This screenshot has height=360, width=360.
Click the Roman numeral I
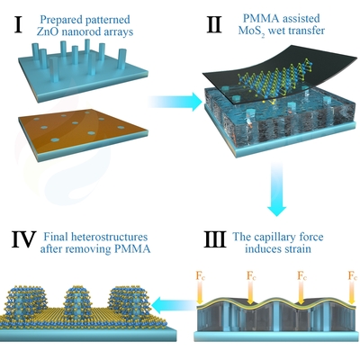click(x=19, y=24)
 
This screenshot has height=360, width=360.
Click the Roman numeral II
click(x=215, y=24)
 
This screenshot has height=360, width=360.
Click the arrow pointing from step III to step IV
click(x=174, y=305)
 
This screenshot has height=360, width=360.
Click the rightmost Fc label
click(x=352, y=275)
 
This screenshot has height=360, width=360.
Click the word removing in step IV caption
click(x=92, y=249)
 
